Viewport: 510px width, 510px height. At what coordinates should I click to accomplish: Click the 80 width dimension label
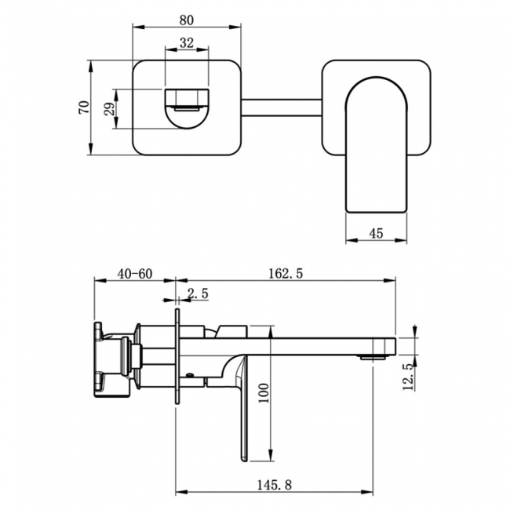(x=186, y=16)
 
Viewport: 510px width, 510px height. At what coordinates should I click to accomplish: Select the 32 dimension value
(x=186, y=44)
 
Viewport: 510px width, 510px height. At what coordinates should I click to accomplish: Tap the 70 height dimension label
(x=83, y=107)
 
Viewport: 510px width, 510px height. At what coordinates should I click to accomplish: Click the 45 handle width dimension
(x=375, y=232)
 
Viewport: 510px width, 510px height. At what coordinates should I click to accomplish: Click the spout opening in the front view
(x=186, y=107)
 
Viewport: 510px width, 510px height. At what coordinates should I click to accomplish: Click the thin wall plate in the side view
(x=178, y=357)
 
